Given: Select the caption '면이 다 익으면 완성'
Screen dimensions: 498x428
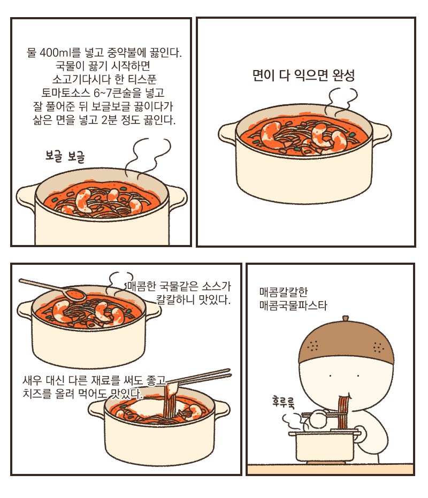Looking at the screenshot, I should (303, 75).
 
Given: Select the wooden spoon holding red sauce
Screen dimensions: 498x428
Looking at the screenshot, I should (53, 288).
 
